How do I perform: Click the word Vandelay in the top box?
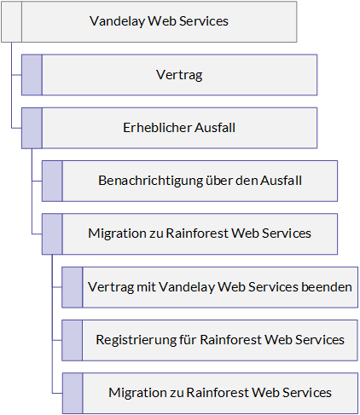(117, 21)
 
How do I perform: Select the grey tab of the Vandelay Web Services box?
(12, 22)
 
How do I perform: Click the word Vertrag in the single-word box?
(179, 75)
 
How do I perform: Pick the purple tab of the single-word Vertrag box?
(32, 75)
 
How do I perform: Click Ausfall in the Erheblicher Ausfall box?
(215, 128)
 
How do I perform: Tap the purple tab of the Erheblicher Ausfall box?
(32, 128)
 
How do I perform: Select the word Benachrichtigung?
(150, 181)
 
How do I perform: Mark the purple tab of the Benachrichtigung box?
(52, 182)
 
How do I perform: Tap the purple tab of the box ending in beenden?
(73, 287)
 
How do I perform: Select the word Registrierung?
(136, 340)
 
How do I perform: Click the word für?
(188, 340)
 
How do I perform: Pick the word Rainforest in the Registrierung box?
(230, 340)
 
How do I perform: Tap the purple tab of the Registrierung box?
(73, 341)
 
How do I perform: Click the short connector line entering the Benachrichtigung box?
(37, 181)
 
